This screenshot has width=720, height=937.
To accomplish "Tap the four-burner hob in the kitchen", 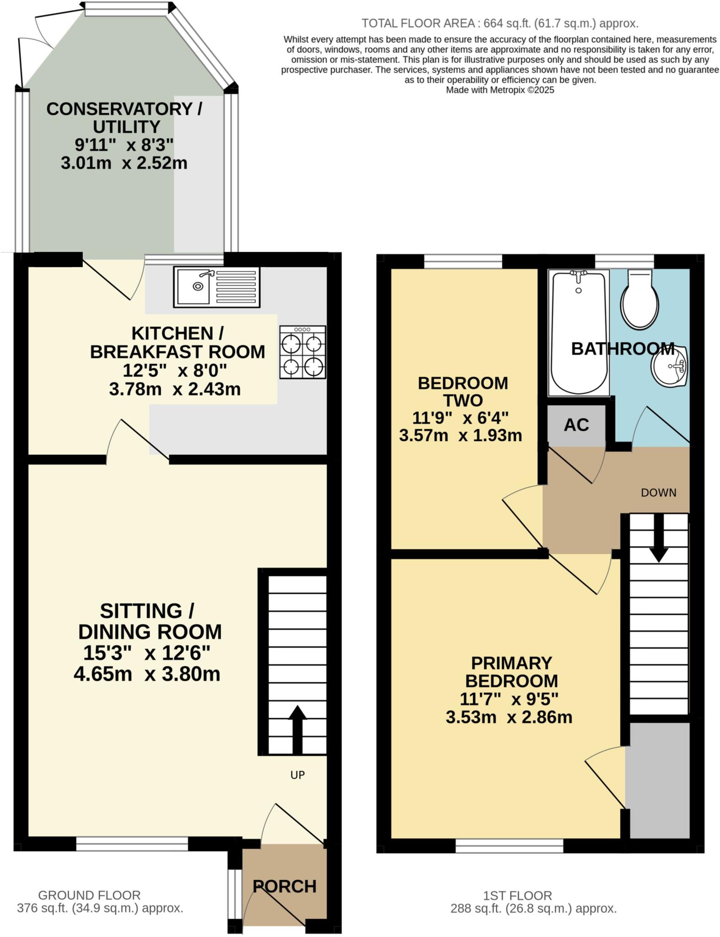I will pos(303,352).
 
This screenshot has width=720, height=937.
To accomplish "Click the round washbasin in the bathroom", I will pos(670,366).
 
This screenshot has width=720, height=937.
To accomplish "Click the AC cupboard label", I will pos(576,425).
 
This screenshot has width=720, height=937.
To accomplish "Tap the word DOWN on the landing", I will pos(658,493).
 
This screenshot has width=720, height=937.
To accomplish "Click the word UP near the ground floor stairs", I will pos(298,775).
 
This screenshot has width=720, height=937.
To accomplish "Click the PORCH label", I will pos(284,886).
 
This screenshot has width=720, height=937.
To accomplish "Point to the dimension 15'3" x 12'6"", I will pos(146,653).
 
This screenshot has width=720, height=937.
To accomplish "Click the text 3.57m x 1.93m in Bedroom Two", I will pos(460,435).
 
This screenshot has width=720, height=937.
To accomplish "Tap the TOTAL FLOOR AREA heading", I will pos(499,23).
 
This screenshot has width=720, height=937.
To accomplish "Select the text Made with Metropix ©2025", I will pos(500,90).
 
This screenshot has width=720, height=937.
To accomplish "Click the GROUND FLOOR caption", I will pos(89,895).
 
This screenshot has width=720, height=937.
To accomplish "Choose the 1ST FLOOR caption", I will pos(517,895).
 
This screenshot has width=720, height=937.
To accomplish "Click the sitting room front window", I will pos(132,844).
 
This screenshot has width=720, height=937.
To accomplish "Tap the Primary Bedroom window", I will pos(509,846).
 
